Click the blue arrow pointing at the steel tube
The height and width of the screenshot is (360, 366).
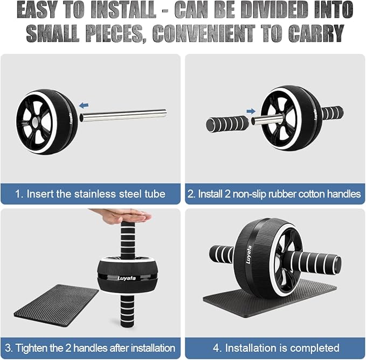click(83, 105)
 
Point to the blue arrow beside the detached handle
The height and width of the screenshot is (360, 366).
click(251, 111)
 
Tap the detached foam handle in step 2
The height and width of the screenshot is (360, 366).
click(227, 124)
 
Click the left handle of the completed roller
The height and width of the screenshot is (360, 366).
click(221, 254)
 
